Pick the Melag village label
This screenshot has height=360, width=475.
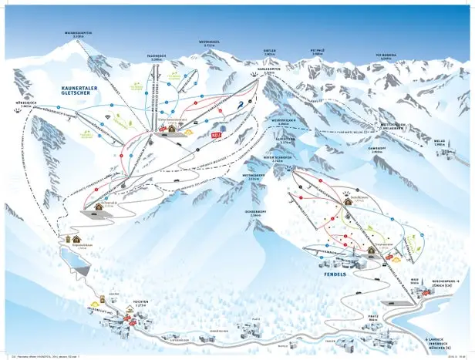pyautogui.click(x=440, y=141)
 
